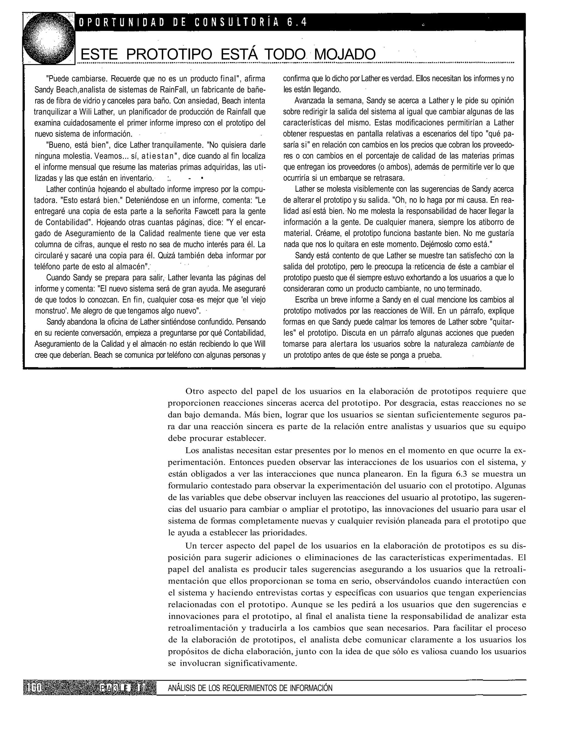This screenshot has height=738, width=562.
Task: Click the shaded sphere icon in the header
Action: click(x=49, y=38)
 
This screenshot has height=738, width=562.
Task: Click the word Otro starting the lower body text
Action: click(x=195, y=391)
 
